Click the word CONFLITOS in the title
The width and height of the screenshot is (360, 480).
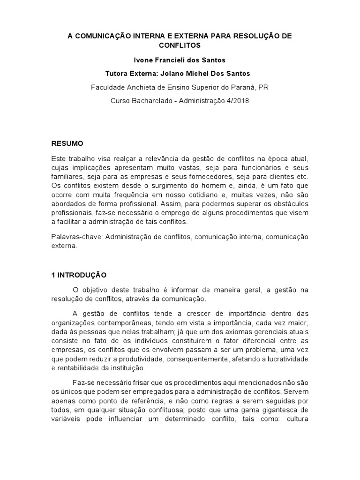click(180, 45)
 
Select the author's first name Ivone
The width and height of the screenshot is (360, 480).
click(143, 60)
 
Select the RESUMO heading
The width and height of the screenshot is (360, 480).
click(67, 143)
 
